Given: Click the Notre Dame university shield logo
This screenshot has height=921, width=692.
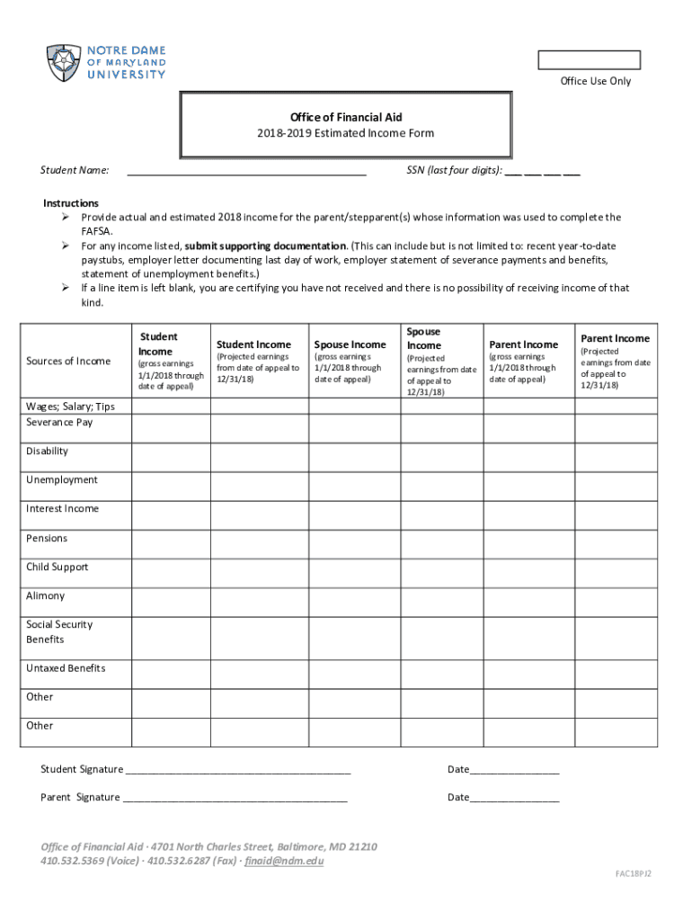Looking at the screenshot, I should (63, 63).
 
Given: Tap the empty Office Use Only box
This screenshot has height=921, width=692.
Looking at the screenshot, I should (589, 60).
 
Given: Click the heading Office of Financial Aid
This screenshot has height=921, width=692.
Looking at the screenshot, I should (346, 118).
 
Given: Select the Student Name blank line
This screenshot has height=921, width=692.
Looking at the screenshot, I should (246, 170).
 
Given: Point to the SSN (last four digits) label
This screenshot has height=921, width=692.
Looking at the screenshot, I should (448, 170).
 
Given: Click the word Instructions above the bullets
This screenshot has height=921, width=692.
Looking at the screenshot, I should (71, 203).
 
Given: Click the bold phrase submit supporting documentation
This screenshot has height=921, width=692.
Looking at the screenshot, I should (265, 246).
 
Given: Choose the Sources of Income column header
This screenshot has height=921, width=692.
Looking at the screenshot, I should (68, 362).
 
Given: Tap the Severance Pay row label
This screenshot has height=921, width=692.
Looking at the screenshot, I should (59, 422).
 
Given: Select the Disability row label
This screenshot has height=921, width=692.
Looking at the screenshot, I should (47, 451).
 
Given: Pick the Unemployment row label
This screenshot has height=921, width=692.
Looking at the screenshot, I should (61, 479).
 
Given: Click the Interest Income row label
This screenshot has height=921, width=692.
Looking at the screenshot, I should (62, 508).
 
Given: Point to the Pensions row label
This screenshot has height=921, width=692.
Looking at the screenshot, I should (47, 538).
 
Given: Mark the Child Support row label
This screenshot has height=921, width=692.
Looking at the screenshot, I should (58, 567).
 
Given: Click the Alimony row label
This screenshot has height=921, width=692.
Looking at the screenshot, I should (45, 595).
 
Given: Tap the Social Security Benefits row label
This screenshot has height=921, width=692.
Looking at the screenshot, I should (59, 631).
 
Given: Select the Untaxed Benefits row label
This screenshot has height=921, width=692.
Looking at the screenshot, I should (66, 668).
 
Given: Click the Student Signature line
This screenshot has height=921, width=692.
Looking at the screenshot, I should (237, 771).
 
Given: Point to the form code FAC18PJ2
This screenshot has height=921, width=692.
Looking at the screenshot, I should (633, 873).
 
